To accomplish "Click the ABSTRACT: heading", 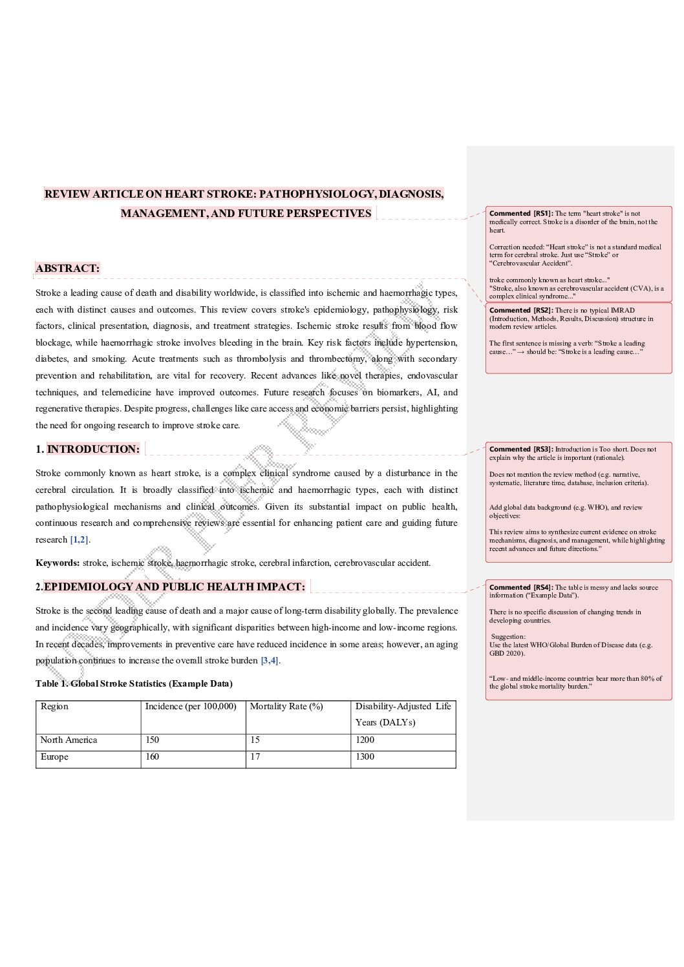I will tap(68, 269).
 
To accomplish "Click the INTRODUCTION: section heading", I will tap(93, 450).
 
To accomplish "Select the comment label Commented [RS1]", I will tap(520, 214).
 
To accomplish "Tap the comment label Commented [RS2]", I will tap(520, 311).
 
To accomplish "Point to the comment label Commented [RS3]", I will tap(520, 450).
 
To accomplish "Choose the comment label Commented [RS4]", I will tap(520, 588).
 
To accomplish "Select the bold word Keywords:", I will tap(58, 563).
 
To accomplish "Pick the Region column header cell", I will tap(54, 707).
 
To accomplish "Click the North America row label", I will tap(69, 740).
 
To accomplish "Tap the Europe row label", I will tap(54, 757).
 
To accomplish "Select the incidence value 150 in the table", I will tap(152, 740).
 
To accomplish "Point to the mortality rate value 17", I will tap(255, 757).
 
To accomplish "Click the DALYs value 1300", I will tap(365, 757).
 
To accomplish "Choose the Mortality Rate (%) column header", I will tap(286, 707).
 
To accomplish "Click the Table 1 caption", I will tap(134, 684).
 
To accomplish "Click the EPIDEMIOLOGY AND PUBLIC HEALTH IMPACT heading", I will tap(174, 587).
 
